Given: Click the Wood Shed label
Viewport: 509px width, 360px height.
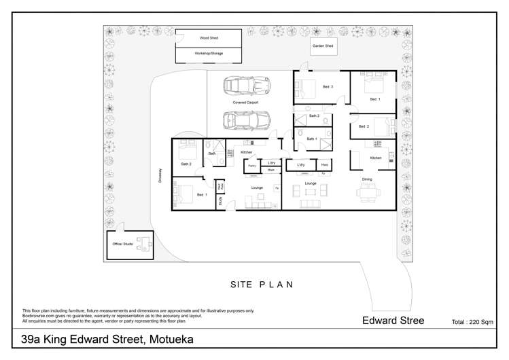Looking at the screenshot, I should [209, 39].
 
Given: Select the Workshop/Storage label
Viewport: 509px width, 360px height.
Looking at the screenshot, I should [209, 53].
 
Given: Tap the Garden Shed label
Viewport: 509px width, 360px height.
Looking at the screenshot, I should [323, 46].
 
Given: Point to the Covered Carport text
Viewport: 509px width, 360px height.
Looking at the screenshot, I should [245, 103].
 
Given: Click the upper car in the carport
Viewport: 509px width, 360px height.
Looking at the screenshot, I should [247, 86].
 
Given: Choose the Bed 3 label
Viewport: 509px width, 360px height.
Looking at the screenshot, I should [328, 87].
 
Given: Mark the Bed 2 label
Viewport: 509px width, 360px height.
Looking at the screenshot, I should [364, 126].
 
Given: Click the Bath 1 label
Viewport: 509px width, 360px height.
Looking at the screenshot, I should [312, 139].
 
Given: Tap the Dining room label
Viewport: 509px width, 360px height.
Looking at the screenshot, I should [367, 179].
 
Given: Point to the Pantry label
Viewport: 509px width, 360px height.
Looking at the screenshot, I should [251, 166].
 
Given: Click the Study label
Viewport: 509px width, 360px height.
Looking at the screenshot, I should [221, 201].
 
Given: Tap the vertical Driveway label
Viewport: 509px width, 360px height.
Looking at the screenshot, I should [161, 176].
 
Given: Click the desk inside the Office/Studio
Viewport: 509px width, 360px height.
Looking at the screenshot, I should [142, 243].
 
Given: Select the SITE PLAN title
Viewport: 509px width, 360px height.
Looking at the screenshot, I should [262, 285].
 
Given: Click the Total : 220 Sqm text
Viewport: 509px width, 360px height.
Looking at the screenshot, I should [472, 322].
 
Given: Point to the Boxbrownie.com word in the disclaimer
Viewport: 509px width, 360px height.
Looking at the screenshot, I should [41, 315].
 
